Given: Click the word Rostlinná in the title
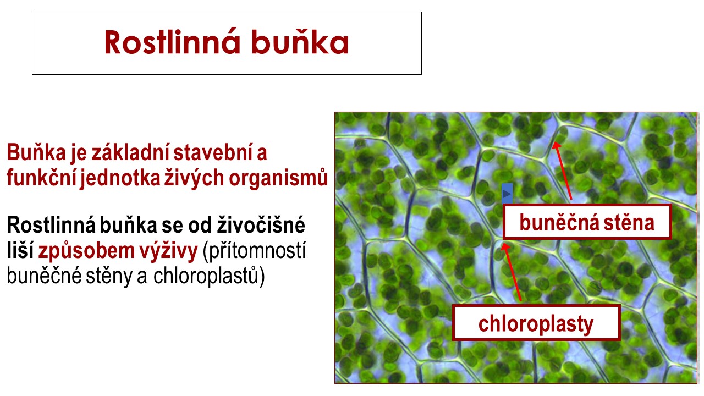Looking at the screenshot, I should pyautogui.click(x=172, y=42).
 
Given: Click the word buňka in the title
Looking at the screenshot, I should pyautogui.click(x=300, y=42).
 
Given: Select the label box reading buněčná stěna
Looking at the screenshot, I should pyautogui.click(x=587, y=222).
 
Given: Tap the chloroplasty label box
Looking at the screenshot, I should pyautogui.click(x=536, y=323).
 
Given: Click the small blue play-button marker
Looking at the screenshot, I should pyautogui.click(x=507, y=193).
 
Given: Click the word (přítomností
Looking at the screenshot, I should pyautogui.click(x=254, y=251).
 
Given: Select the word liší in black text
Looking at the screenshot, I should pyautogui.click(x=20, y=251).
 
